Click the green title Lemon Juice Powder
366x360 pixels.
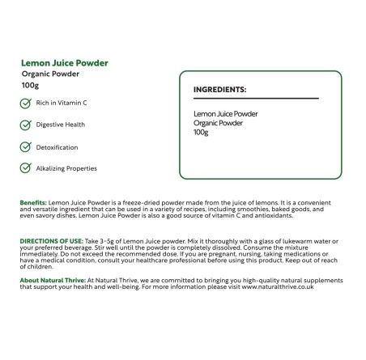coord(65,62)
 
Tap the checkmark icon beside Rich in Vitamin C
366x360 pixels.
coord(25,103)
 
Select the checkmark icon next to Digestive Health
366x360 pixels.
coord(25,125)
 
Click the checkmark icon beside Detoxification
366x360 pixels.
coord(25,146)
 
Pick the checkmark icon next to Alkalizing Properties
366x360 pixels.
coord(25,168)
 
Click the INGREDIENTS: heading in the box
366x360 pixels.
coord(219,89)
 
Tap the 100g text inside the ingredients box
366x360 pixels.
coord(202,131)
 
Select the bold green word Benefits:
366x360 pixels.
coord(33,202)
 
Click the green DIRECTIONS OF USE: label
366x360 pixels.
coord(53,241)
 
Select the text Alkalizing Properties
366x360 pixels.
coord(66,168)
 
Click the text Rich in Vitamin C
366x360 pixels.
coord(62,103)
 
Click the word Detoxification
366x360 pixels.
coord(57,146)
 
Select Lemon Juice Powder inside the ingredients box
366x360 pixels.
coord(226,114)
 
